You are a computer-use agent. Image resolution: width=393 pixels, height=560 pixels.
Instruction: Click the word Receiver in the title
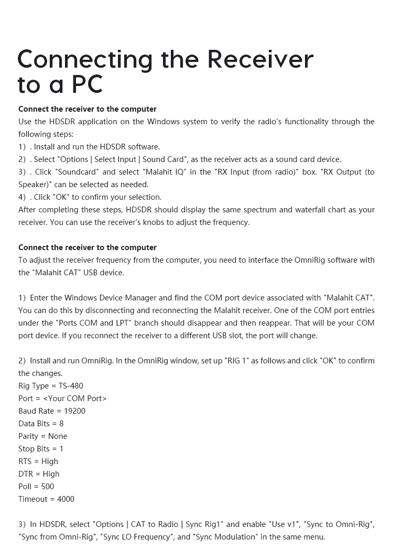pos(260,59)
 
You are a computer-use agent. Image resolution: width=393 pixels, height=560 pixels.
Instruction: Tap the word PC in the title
pos(87,84)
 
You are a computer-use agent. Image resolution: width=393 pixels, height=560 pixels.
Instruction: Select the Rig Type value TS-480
pos(71,386)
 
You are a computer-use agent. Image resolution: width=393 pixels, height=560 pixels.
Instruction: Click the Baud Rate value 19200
pos(74,411)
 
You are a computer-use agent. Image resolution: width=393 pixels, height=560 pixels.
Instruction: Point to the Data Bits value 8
pos(61,424)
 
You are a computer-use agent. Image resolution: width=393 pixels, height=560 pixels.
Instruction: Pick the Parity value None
pos(58,436)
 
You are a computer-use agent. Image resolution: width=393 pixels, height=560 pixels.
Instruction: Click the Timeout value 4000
pos(65,499)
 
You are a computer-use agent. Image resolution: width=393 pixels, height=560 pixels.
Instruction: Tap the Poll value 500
pos(48,487)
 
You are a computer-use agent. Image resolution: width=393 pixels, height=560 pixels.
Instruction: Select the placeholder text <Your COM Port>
pos(75,399)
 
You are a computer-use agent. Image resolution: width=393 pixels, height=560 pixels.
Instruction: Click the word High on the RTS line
pos(50,461)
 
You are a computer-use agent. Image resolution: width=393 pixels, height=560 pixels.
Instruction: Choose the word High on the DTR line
pos(51,474)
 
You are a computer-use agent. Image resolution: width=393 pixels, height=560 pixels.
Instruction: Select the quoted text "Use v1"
pos(284,524)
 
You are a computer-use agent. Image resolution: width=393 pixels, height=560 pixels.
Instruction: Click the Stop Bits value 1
pos(61,449)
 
